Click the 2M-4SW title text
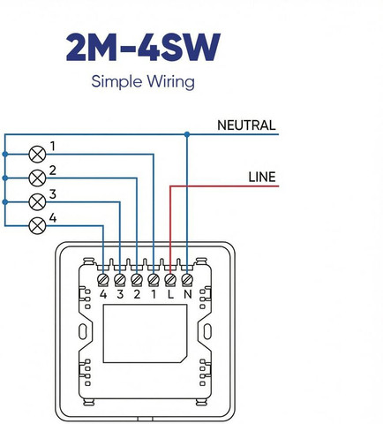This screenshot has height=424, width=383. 143,47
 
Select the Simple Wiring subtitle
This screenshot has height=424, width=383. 143,81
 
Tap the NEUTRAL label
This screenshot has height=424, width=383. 246,125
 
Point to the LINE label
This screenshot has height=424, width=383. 262,177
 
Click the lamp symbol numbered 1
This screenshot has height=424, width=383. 37,155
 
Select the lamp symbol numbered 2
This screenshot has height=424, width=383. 37,178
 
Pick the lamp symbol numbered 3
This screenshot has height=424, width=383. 37,202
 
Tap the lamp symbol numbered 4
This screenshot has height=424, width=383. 37,226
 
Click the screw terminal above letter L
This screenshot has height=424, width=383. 170,279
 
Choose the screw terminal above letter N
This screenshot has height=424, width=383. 187,279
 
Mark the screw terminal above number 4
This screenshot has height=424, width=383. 103,279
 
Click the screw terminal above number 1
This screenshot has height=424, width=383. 154,279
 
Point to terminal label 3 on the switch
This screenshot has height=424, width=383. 120,294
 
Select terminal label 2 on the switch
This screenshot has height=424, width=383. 137,294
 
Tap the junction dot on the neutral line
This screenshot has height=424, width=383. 187,134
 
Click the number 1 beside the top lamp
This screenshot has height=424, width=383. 53,147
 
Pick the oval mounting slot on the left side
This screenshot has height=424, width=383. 83,331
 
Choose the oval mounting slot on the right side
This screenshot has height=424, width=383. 207,331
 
